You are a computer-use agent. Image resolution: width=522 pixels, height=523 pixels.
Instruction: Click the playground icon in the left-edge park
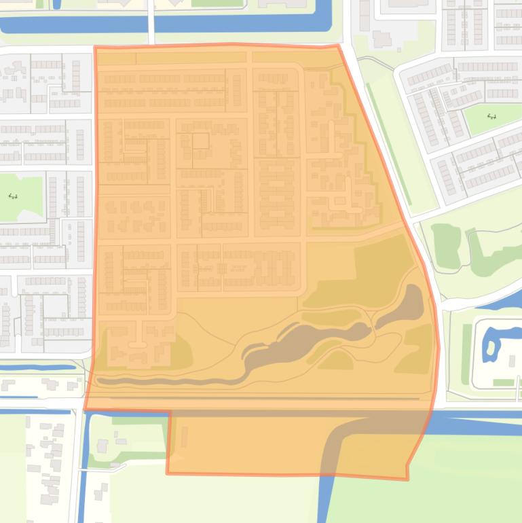click(x=12, y=196)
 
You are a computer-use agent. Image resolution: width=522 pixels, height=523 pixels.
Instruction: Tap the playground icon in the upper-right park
click(x=492, y=116)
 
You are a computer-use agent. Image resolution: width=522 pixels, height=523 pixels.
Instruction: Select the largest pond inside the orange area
click(x=305, y=340)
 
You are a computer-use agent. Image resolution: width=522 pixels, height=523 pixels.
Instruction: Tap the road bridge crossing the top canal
click(x=151, y=23)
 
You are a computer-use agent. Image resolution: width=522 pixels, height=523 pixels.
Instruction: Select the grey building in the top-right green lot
click(x=381, y=39)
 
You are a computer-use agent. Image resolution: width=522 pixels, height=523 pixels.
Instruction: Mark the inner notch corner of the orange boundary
click(x=168, y=412)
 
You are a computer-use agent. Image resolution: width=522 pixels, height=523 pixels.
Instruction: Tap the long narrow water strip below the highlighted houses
click(x=170, y=382)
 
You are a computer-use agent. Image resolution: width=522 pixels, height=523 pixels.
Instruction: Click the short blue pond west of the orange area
click(x=37, y=367)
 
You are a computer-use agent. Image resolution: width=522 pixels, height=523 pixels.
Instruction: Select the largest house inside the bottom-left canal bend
click(x=102, y=446)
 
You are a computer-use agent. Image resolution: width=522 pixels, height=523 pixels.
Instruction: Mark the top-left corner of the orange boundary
click(x=95, y=48)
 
